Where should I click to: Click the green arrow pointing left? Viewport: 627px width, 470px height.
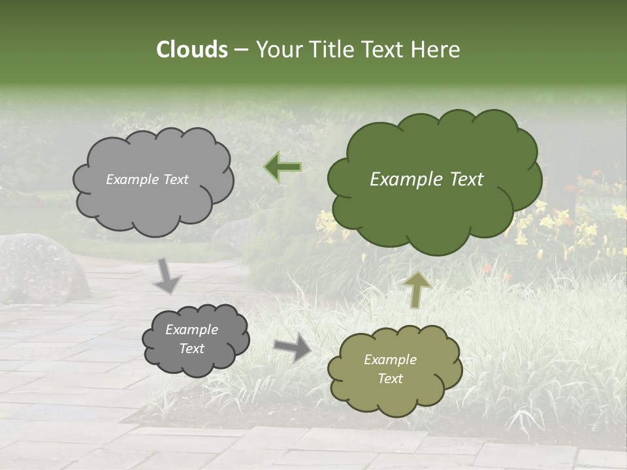[283, 167]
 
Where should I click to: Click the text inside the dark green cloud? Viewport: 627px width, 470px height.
[426, 180]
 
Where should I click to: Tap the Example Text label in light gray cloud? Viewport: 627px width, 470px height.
[147, 180]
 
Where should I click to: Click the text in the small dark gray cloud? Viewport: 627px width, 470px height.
[191, 339]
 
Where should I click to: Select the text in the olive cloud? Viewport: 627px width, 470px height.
[390, 369]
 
